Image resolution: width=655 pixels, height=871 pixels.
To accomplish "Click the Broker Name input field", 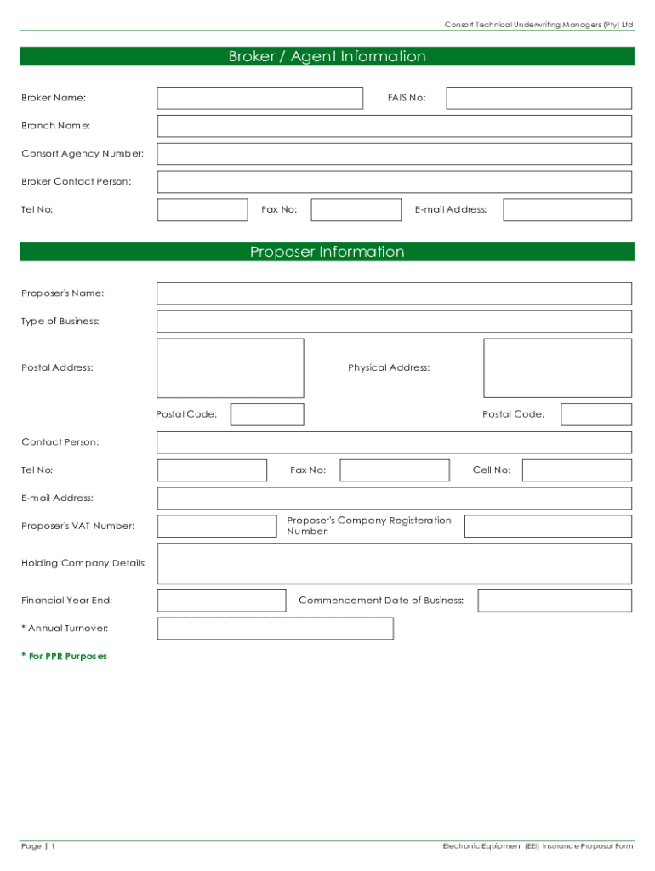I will (x=259, y=98).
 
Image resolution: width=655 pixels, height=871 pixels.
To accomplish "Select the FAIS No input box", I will (x=538, y=98).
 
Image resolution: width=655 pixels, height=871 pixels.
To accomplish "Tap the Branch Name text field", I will (x=394, y=126).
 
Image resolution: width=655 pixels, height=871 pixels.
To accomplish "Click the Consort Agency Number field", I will (x=394, y=154).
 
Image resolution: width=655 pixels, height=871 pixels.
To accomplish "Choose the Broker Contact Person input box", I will (x=394, y=182).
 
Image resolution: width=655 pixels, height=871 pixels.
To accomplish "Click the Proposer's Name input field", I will (x=394, y=293).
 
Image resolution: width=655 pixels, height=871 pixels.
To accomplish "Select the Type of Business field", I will (x=394, y=322).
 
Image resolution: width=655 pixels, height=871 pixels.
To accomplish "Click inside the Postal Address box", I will (x=230, y=368).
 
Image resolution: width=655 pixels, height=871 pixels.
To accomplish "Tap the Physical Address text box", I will (x=557, y=368).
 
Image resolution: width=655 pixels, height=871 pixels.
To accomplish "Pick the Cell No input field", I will (x=577, y=470).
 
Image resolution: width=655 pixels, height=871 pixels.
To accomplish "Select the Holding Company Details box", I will (x=394, y=563).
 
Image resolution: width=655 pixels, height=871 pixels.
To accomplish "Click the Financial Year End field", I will (x=221, y=601).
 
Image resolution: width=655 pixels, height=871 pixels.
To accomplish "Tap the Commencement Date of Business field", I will (x=554, y=601).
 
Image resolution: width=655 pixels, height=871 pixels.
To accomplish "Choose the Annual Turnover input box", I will (x=275, y=629).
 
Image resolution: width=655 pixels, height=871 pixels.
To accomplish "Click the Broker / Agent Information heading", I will (x=327, y=57).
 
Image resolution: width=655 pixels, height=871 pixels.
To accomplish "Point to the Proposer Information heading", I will (x=327, y=252).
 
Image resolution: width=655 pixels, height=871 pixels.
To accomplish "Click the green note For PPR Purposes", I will (x=65, y=657).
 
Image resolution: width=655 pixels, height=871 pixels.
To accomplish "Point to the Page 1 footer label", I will (x=38, y=846).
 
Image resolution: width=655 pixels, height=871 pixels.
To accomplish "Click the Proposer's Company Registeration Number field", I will (x=548, y=526).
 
